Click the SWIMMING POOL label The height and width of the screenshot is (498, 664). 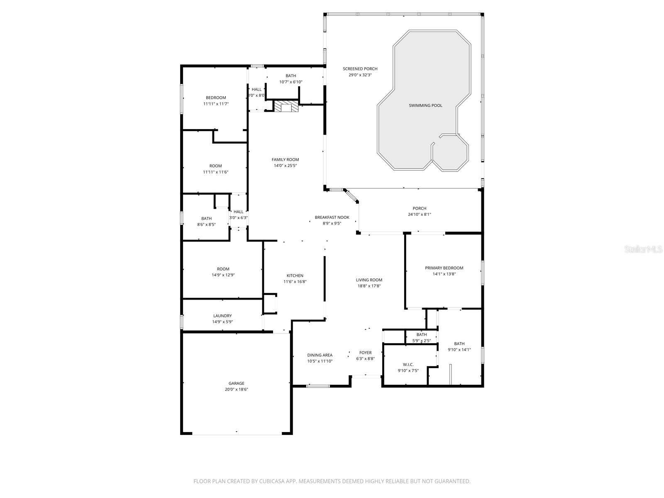pos(425,105)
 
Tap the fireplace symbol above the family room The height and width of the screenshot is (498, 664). pos(286,107)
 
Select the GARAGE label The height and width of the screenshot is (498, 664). pos(236,383)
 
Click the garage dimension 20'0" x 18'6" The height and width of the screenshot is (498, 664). pos(236,390)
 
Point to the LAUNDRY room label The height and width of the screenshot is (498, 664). pos(222,316)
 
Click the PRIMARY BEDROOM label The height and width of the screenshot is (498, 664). pos(444,268)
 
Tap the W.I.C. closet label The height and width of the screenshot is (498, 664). pos(408,365)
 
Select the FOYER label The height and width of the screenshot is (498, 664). pos(365,353)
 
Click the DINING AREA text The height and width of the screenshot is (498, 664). pos(320,355)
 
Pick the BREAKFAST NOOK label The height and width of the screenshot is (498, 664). pos(332,217)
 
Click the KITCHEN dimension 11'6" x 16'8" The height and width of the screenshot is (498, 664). pos(295,282)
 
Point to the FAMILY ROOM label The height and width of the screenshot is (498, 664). pos(285,160)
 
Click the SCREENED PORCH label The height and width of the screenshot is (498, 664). pos(360,69)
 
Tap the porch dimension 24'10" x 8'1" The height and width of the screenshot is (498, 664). pos(419,215)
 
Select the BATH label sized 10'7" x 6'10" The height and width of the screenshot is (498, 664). pos(290,76)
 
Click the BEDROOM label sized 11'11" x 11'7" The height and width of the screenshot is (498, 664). pos(216,98)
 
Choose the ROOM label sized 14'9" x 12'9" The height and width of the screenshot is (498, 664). pos(223,269)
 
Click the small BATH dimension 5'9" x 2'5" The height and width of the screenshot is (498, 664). pos(421,341)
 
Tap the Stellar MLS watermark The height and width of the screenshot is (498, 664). pos(643,249)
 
